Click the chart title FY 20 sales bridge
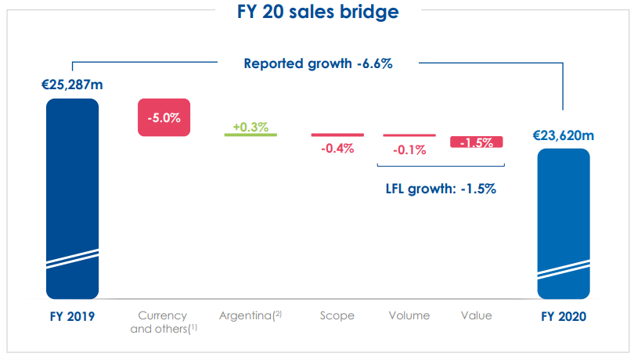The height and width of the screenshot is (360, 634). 317,13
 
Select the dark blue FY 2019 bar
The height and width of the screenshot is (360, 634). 72,196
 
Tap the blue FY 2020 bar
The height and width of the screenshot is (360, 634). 563,223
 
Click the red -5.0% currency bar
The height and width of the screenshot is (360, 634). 164,117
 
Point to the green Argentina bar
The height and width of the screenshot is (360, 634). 250,135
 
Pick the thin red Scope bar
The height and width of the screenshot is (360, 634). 337,135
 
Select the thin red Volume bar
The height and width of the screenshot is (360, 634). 409,135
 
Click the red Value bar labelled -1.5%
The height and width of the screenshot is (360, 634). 476,142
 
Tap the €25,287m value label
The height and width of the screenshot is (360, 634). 72,84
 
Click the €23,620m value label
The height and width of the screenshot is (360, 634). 563,135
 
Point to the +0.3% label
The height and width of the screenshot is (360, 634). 250,124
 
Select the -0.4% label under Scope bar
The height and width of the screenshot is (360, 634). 337,148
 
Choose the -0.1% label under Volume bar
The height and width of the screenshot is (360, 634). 409,149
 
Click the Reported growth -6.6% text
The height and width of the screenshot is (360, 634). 318,63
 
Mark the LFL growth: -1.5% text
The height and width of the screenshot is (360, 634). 441,189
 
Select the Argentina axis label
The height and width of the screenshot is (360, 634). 250,315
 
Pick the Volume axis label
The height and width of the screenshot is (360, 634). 409,315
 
